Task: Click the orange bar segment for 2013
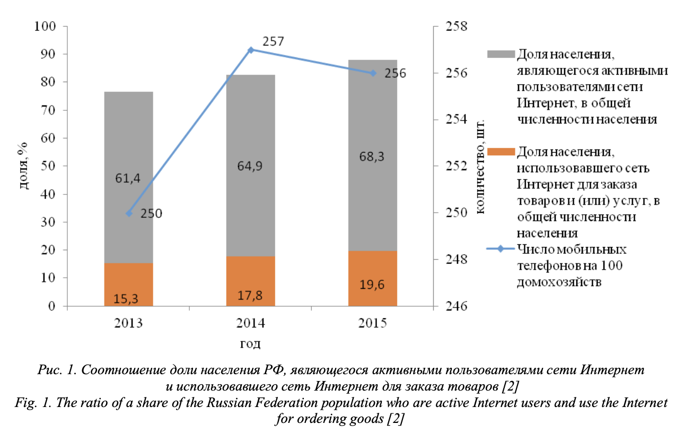click(128, 285)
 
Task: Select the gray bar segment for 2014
click(250, 165)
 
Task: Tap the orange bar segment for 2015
click(372, 278)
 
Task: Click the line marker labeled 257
click(251, 50)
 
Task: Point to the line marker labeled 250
click(129, 214)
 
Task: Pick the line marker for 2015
click(373, 73)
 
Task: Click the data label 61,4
click(128, 179)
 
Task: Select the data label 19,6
click(372, 285)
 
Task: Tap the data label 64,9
click(250, 165)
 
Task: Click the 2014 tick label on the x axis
click(251, 323)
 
